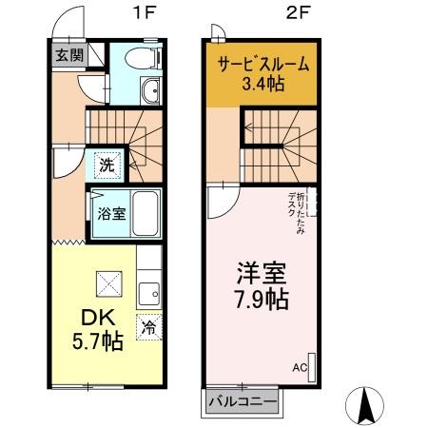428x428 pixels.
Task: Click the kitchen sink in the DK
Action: pos(149,290)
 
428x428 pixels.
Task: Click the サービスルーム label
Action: pos(263,65)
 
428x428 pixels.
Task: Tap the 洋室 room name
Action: pos(262,273)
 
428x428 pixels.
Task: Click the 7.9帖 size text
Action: pos(262,300)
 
